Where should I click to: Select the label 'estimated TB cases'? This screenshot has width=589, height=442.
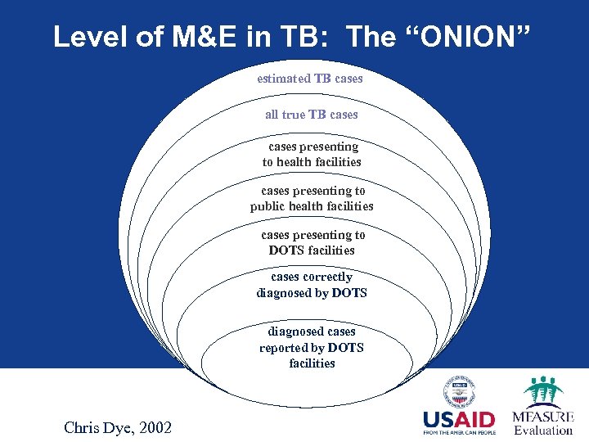tap(310, 79)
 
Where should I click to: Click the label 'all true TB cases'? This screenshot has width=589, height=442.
tap(312, 115)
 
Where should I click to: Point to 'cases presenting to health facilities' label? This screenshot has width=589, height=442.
tap(312, 154)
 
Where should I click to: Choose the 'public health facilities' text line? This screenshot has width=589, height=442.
tap(312, 206)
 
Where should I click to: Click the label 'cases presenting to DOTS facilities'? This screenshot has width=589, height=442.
tap(312, 242)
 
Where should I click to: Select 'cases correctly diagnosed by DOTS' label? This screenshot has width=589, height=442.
tap(312, 285)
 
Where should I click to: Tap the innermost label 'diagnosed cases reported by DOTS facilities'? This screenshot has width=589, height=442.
tap(312, 347)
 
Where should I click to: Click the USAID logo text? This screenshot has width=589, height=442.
tap(459, 421)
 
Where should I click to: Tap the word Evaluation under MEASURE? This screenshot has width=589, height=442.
tap(542, 430)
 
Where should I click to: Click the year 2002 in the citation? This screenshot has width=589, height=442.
tap(155, 426)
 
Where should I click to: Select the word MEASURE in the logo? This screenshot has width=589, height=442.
tap(542, 416)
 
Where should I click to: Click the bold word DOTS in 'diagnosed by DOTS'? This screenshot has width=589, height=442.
tap(349, 293)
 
